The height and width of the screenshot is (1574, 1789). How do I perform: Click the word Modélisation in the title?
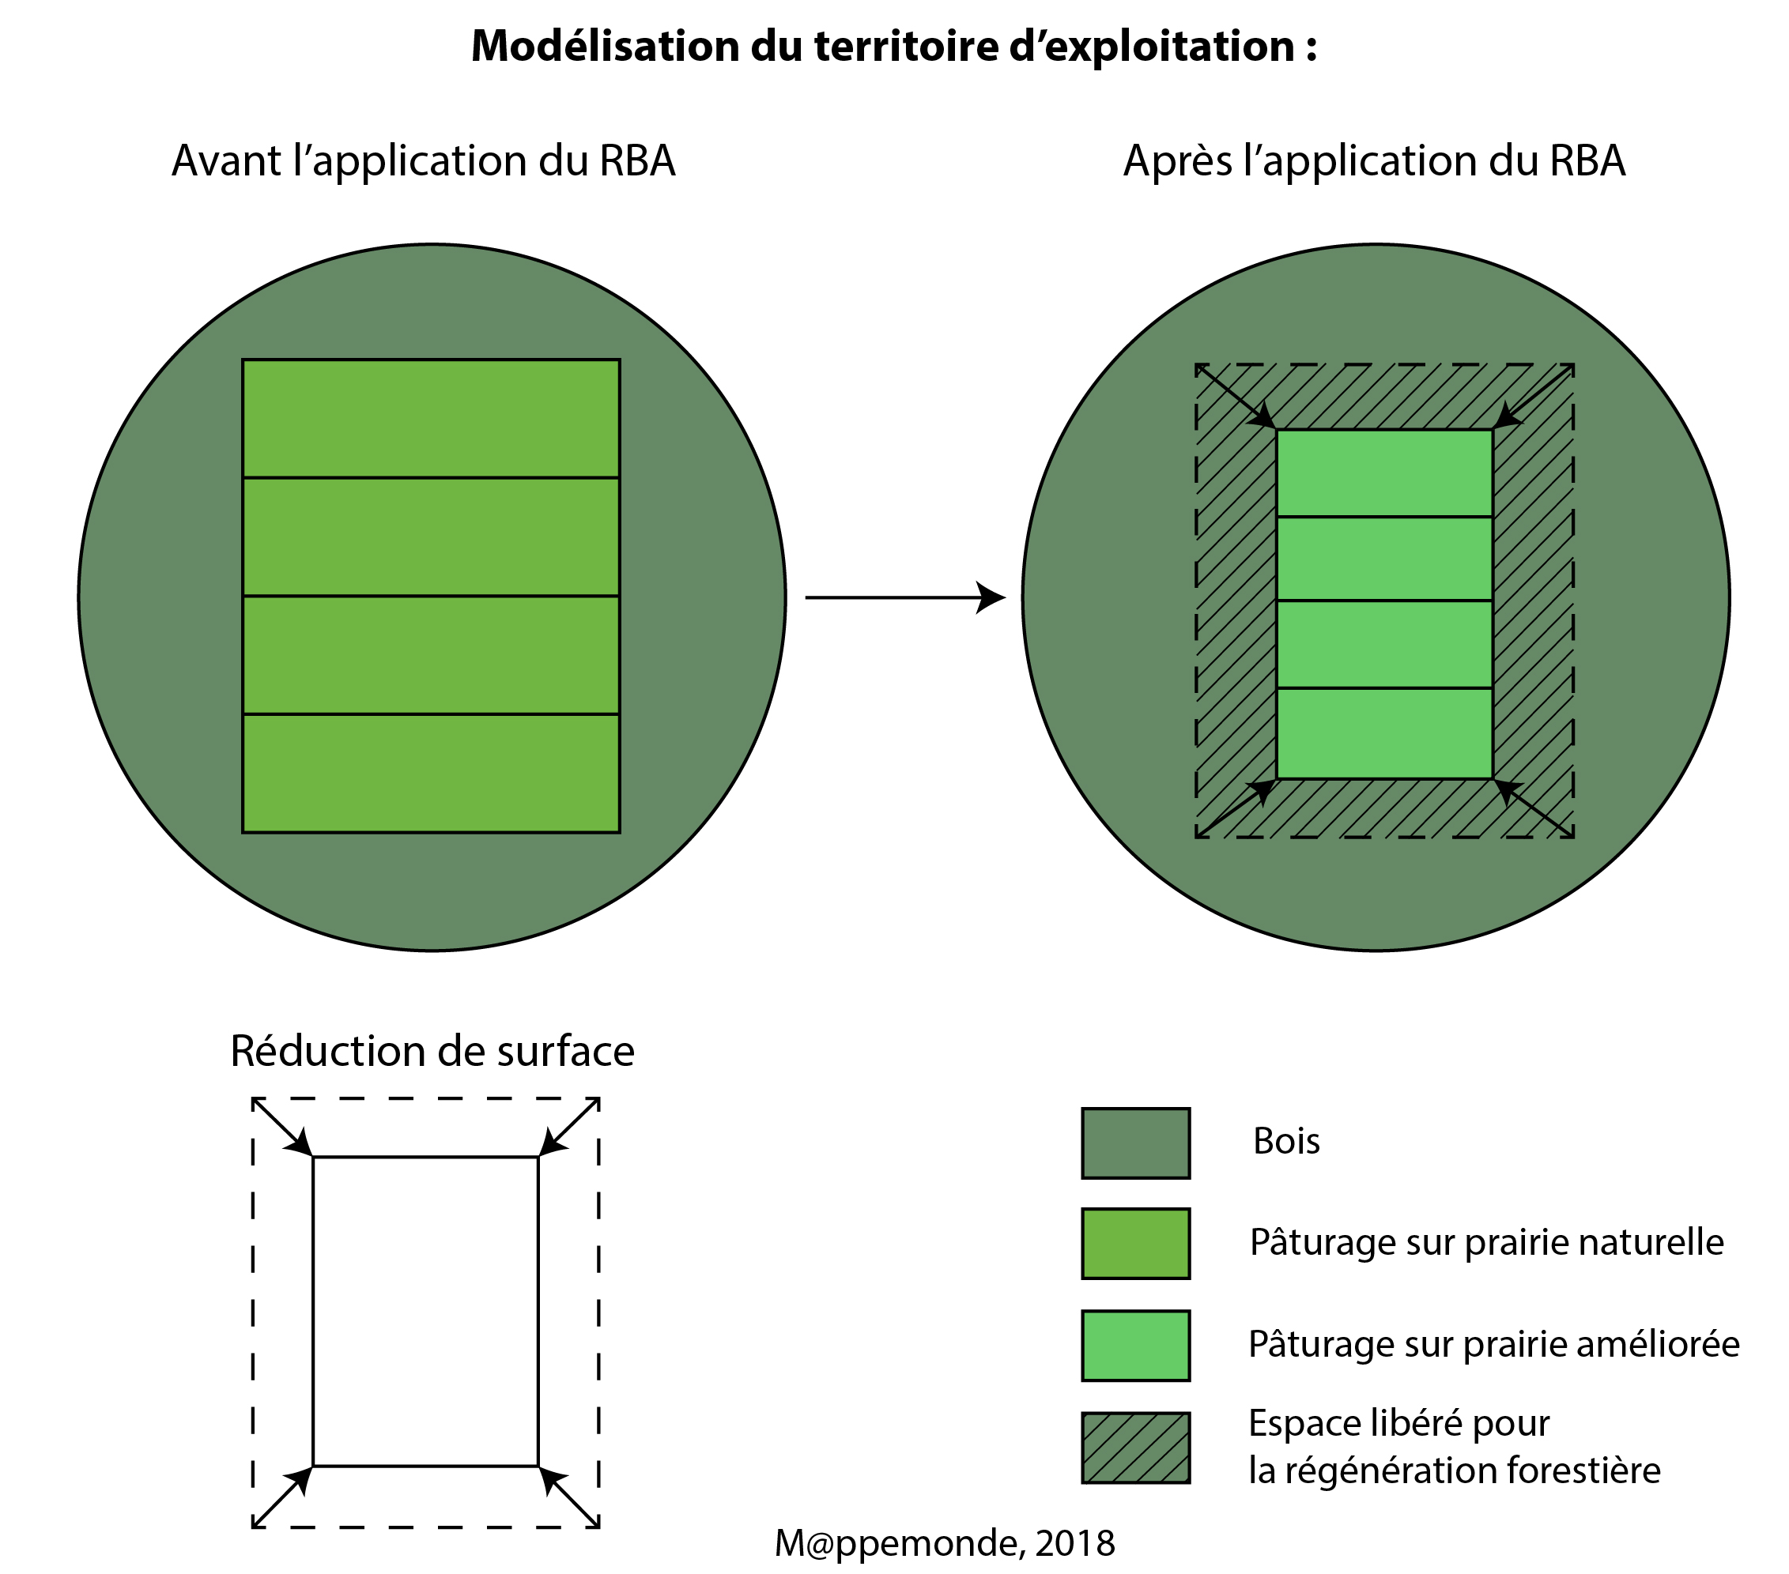pos(604,47)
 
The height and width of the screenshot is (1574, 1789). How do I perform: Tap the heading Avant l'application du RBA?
pos(424,161)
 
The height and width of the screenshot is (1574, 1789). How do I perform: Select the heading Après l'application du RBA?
pos(1374,161)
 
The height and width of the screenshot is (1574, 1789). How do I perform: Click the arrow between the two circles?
pos(905,597)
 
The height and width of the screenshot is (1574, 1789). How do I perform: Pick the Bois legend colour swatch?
pos(1135,1143)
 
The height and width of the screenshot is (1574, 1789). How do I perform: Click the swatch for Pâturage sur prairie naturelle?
pos(1135,1243)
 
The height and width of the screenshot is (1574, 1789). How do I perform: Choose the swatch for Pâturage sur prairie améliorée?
pos(1135,1345)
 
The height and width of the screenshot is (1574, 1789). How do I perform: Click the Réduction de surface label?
pos(432,1051)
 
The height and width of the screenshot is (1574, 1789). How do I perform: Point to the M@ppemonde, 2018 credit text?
pos(945,1542)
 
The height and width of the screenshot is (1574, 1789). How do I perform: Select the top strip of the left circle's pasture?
pos(431,418)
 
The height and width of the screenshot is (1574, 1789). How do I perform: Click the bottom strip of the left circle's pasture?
pos(431,773)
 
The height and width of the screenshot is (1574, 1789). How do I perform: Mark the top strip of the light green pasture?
pos(1383,473)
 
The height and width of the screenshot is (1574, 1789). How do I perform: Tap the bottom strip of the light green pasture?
pos(1383,732)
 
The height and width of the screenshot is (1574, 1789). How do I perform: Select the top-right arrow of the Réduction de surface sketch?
pos(569,1128)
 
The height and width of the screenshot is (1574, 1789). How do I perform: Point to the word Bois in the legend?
pos(1285,1141)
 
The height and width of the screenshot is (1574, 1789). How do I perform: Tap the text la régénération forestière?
pos(1454,1470)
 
